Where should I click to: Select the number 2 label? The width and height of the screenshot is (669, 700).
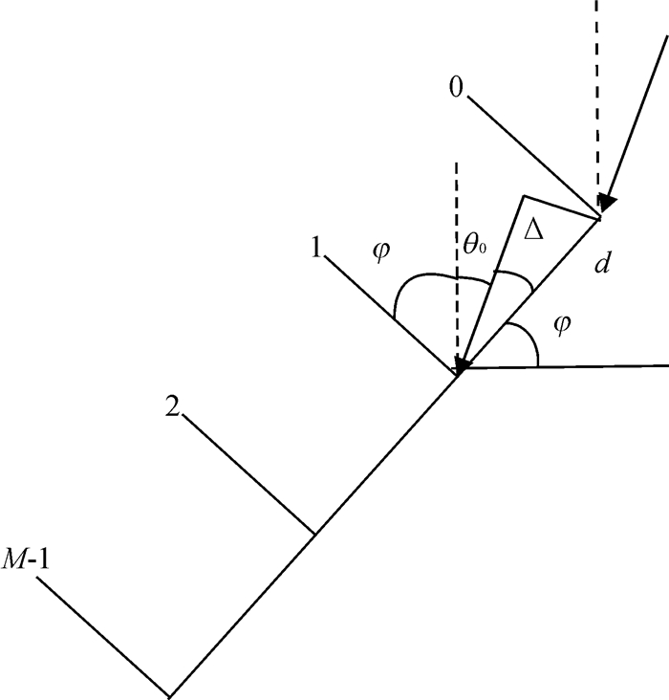pyautogui.click(x=172, y=406)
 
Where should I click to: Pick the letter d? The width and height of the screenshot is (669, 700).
pyautogui.click(x=601, y=264)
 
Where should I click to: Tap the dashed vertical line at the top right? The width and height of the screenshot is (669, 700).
pyautogui.click(x=598, y=96)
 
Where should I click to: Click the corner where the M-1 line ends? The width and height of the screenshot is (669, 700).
pyautogui.click(x=170, y=694)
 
